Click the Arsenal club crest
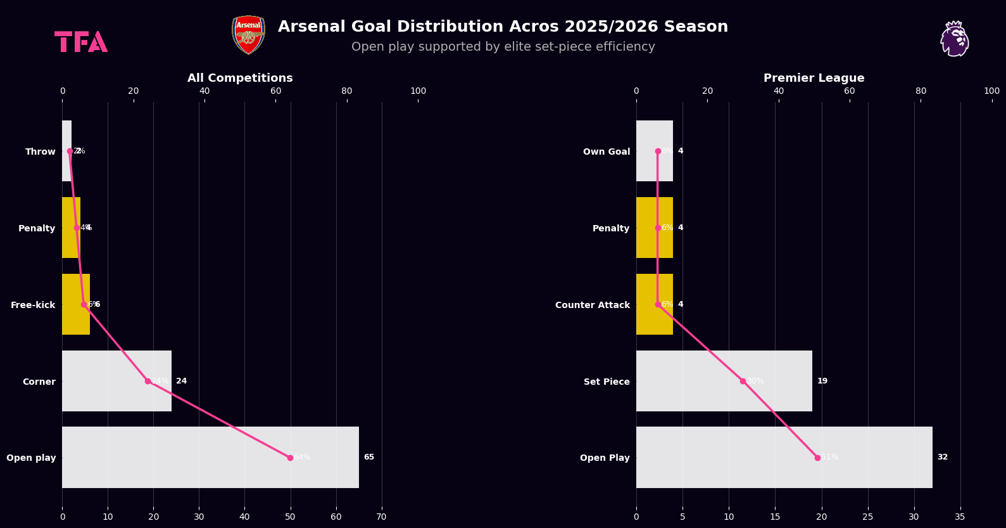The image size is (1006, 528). coord(248,35)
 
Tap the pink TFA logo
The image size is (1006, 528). coord(81,42)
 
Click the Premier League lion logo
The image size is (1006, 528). coord(954,39)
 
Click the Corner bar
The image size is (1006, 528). coord(116,381)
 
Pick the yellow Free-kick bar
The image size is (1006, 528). coord(76,304)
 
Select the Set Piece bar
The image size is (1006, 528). coord(724,381)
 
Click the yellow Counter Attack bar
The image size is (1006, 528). coord(654,304)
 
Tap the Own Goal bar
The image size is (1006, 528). coord(654,151)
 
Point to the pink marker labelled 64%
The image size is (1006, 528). coord(290,458)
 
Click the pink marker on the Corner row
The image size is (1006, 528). coord(148,381)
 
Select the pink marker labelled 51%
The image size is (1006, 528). coord(817,458)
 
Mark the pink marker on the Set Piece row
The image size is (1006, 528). coord(743,381)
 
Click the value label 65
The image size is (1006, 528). coord(368,457)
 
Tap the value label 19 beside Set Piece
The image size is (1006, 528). coord(822,381)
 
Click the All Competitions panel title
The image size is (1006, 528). coord(240,78)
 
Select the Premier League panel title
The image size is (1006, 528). coord(814,78)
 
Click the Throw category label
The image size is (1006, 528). coord(41,151)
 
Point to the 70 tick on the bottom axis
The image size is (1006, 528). coord(381,517)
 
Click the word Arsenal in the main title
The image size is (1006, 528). coord(311,27)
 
